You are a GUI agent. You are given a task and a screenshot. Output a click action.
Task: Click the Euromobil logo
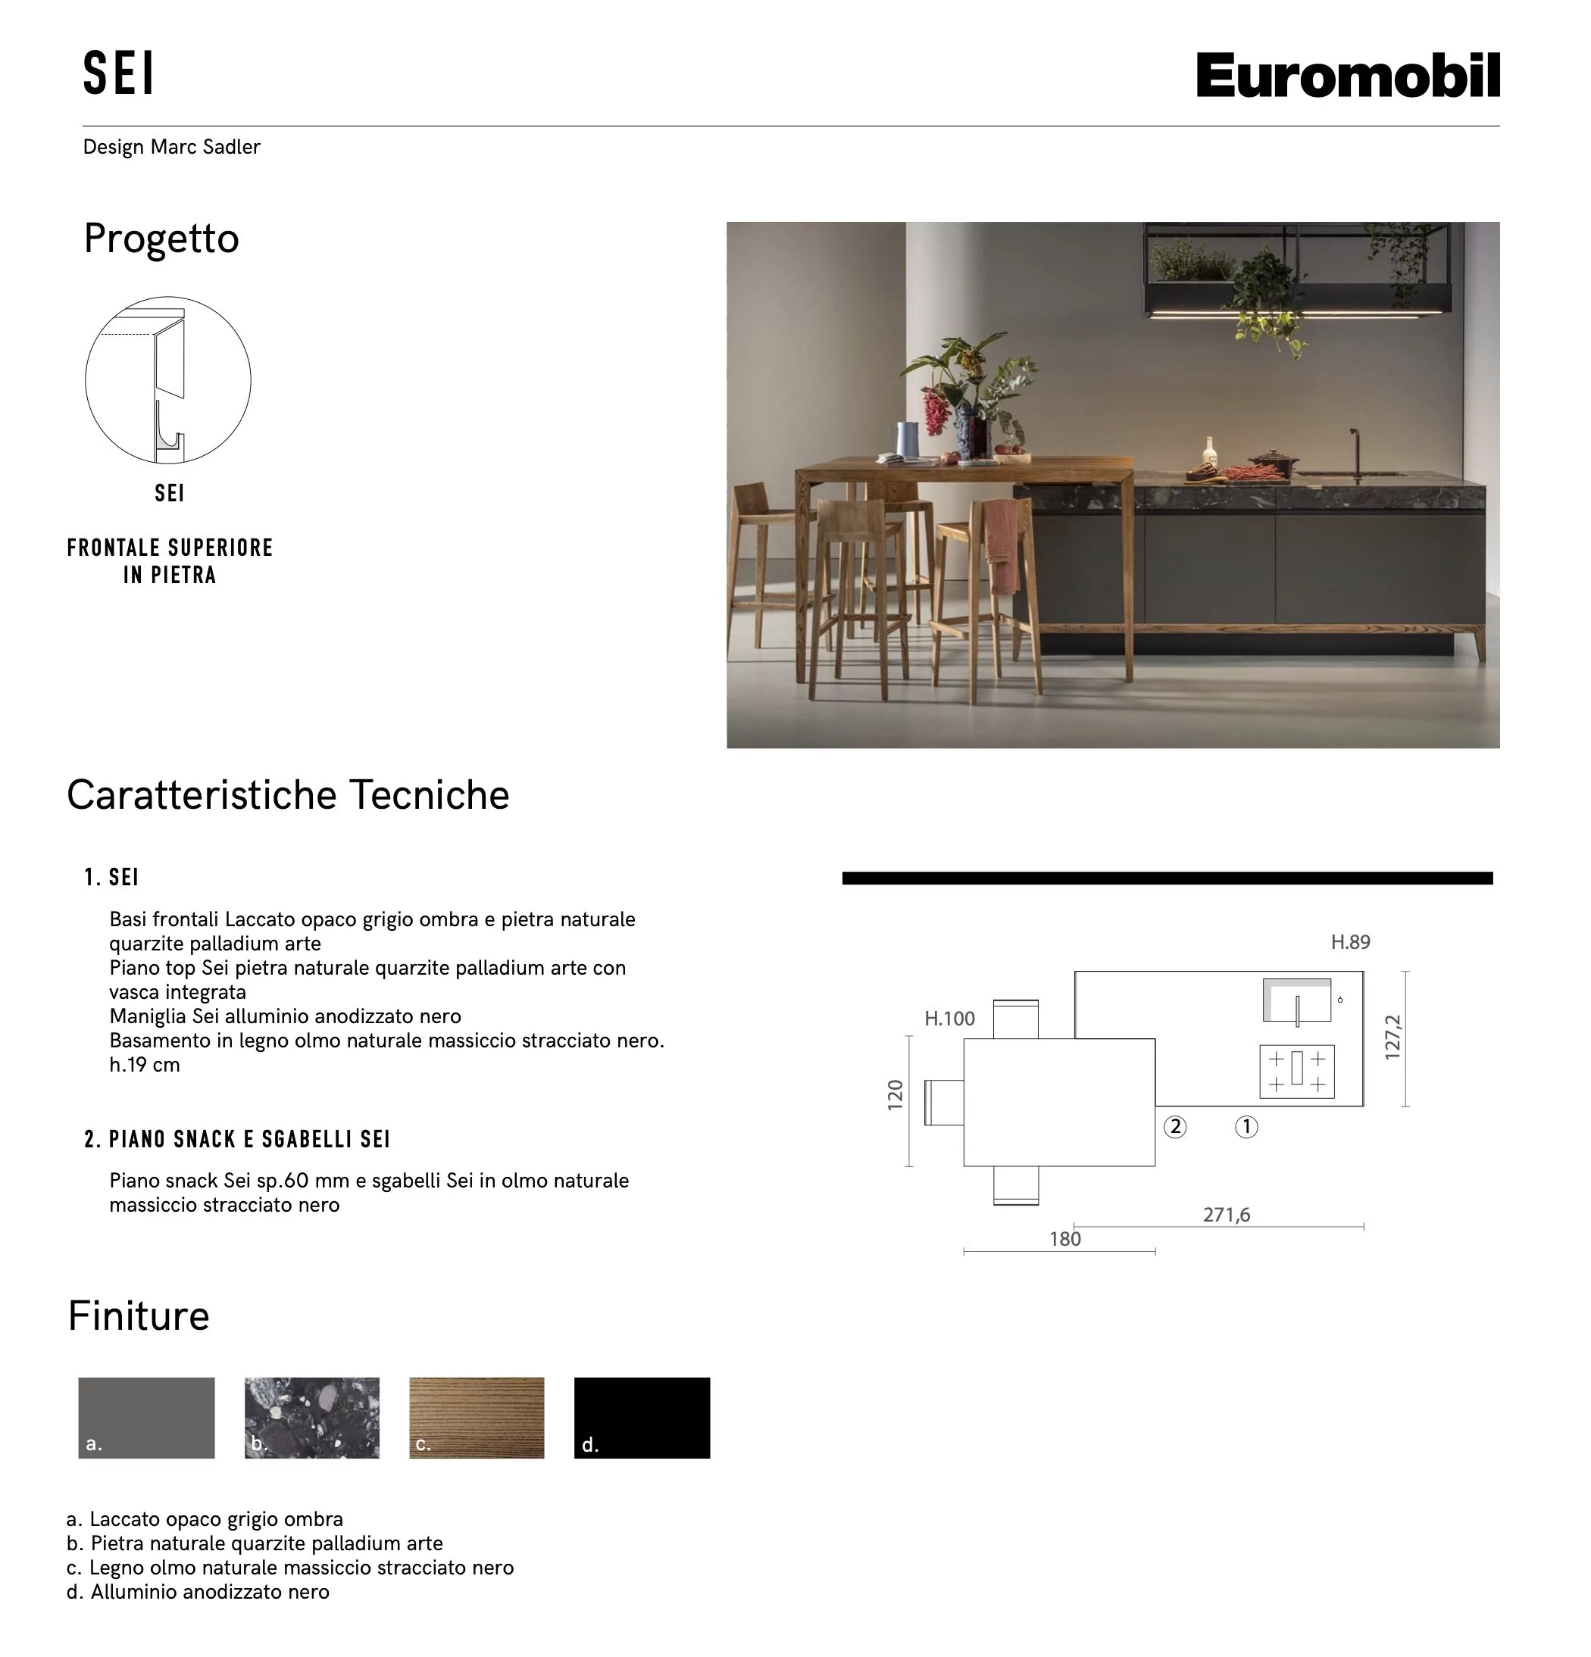click(1346, 75)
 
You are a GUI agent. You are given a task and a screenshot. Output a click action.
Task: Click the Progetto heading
click(161, 239)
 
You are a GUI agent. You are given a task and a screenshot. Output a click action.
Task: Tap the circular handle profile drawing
click(168, 379)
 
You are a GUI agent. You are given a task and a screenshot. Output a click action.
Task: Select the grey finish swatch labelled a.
click(146, 1418)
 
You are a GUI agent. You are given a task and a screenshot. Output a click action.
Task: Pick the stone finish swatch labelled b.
click(312, 1418)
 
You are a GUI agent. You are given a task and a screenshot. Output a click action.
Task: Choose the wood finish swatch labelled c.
click(477, 1418)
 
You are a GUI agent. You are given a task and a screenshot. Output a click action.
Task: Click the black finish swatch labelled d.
click(642, 1418)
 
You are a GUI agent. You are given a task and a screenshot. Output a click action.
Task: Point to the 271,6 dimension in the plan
click(1226, 1215)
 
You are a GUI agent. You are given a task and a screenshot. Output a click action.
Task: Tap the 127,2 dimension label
click(1393, 1038)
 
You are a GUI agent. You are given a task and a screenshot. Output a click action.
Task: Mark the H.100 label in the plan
click(949, 1019)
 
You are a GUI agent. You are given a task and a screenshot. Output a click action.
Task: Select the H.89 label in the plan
click(1350, 942)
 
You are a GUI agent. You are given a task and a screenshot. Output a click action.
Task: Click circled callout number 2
click(1175, 1127)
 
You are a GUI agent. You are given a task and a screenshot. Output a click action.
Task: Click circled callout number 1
click(1246, 1127)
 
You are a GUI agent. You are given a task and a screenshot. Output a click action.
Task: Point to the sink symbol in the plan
click(1296, 1001)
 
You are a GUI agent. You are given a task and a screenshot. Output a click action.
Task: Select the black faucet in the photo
click(1356, 452)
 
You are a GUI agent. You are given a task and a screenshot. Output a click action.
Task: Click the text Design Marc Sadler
click(172, 147)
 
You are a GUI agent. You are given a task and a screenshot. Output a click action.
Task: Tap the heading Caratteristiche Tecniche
click(288, 795)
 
